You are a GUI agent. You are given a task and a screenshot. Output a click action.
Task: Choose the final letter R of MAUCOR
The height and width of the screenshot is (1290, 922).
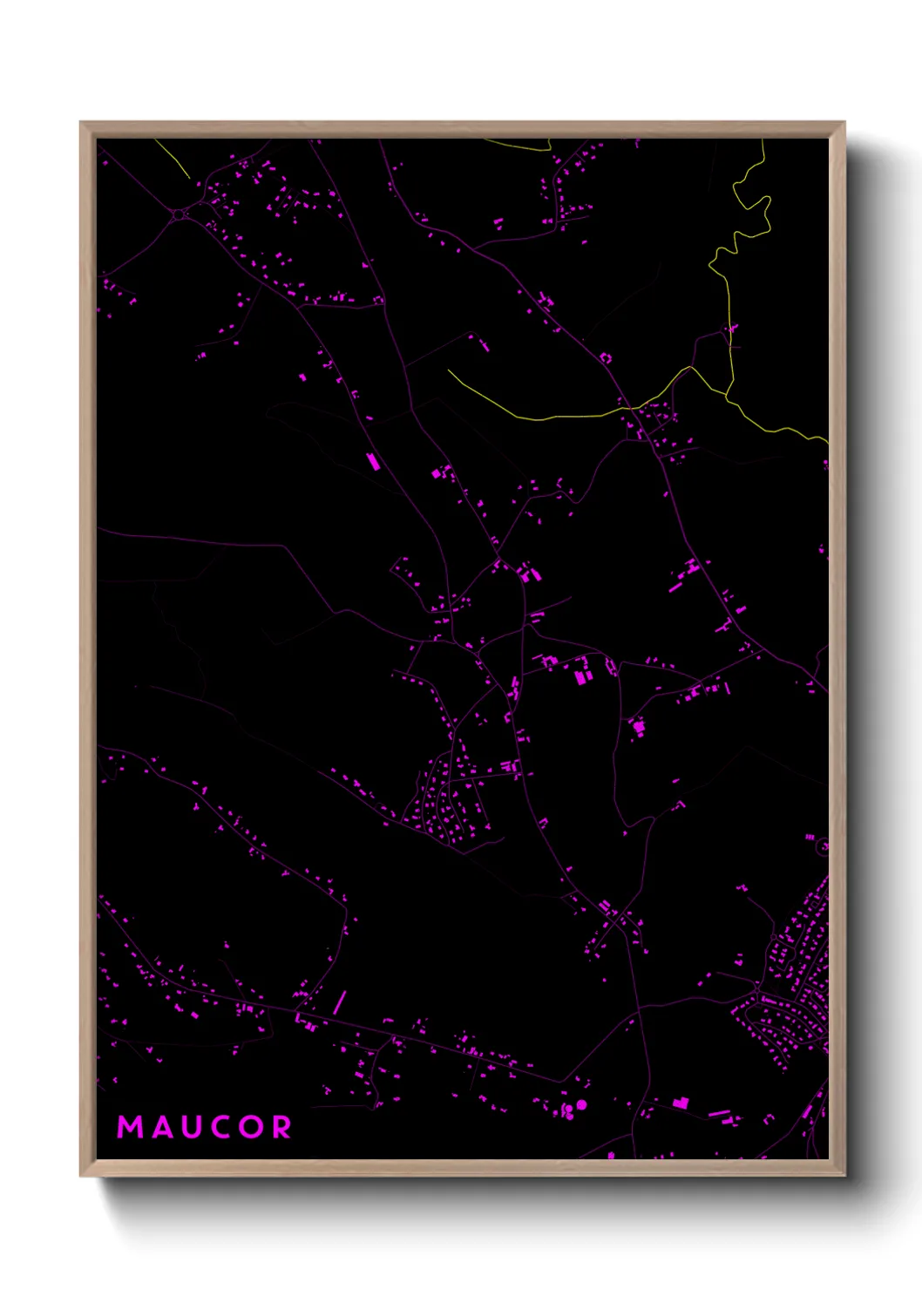coord(282,1127)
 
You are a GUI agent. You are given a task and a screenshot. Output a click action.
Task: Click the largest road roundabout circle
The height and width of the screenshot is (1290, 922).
coord(179,214)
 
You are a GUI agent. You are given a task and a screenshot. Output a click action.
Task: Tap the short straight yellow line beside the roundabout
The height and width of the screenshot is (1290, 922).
coord(173,159)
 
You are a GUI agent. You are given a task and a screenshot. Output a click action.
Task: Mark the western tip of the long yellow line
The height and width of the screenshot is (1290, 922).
coord(450,370)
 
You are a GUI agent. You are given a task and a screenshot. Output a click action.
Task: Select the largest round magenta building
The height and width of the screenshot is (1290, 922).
coord(581,1104)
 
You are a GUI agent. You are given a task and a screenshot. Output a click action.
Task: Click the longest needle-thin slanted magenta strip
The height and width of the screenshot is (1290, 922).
coord(339,1002)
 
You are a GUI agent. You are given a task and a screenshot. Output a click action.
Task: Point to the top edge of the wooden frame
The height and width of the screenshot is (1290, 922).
coord(462,129)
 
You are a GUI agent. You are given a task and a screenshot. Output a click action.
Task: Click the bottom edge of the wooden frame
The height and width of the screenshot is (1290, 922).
coord(462,1168)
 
